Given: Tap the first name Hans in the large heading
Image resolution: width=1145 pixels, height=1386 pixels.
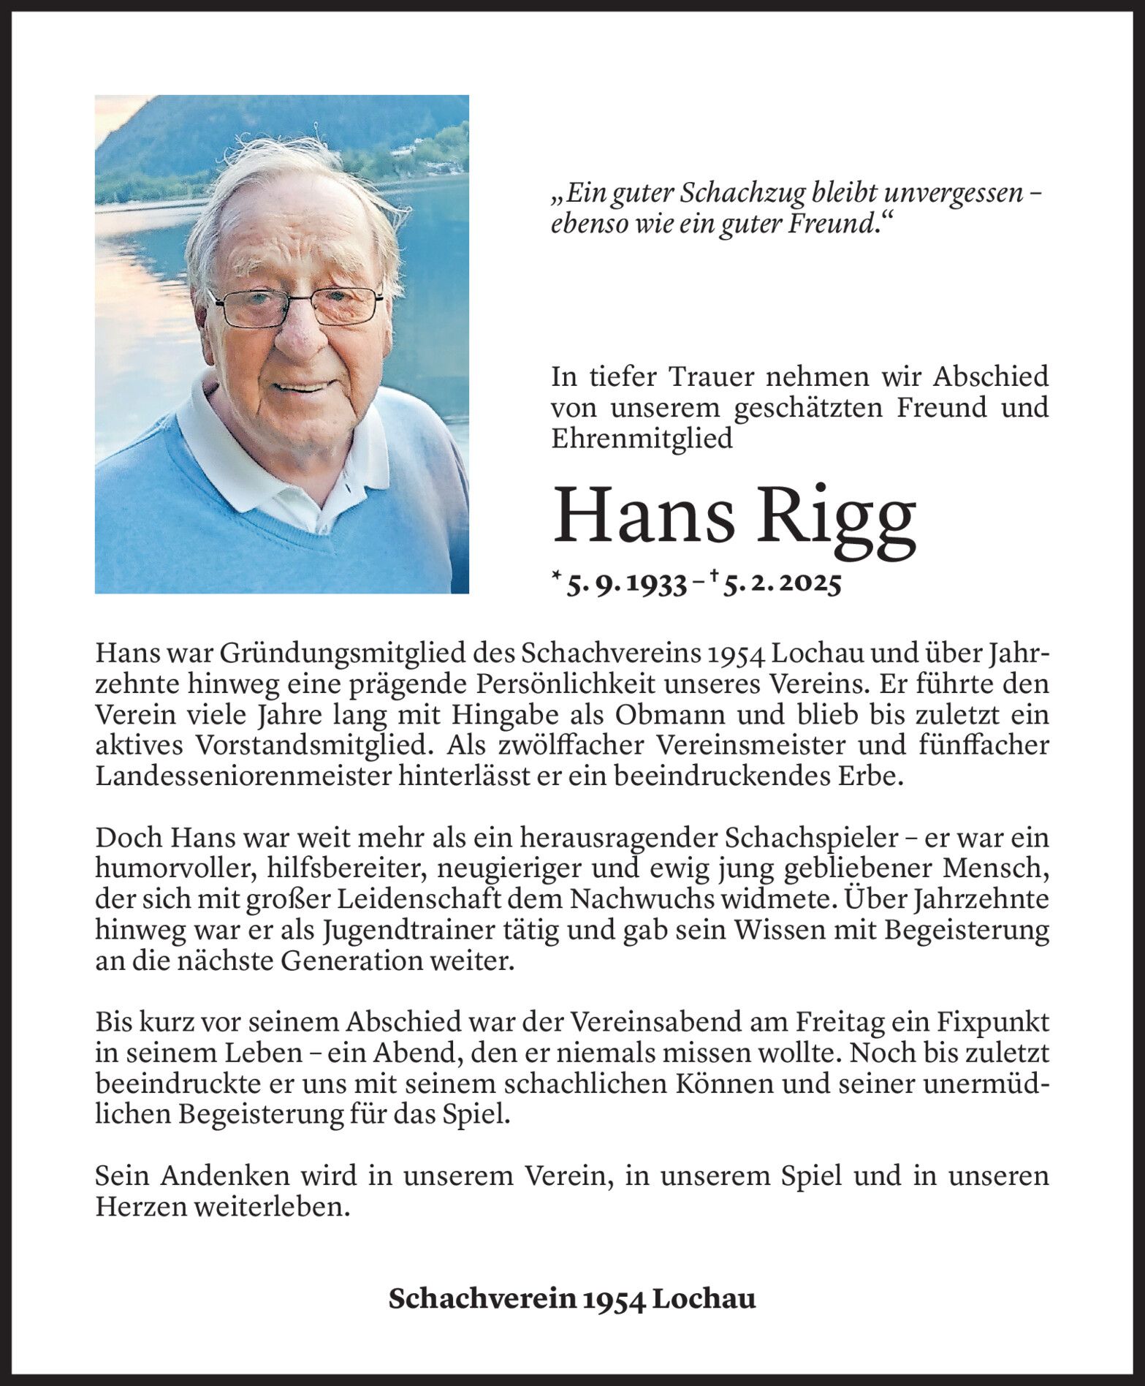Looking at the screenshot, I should pos(644,515).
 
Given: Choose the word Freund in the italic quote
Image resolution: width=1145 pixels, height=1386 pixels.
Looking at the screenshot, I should pos(832,224).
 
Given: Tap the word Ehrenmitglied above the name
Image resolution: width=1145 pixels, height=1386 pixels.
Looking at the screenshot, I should pos(642,438).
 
